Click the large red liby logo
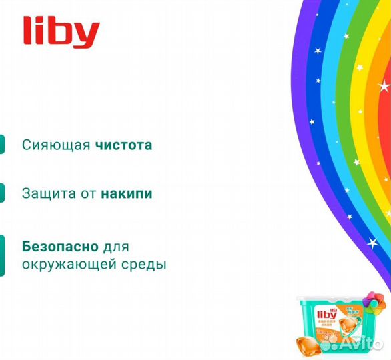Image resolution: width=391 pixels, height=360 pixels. (61, 33)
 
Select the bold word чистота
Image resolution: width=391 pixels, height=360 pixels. (123, 145)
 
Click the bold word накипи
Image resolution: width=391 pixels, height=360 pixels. (127, 194)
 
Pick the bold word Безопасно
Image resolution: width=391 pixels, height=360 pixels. (60, 246)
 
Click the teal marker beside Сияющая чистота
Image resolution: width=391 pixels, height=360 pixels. (2, 145)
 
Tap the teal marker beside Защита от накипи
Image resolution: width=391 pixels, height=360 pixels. (2, 193)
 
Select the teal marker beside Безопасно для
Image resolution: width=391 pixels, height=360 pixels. (2, 255)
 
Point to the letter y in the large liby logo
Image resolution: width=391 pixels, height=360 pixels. (89, 37)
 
